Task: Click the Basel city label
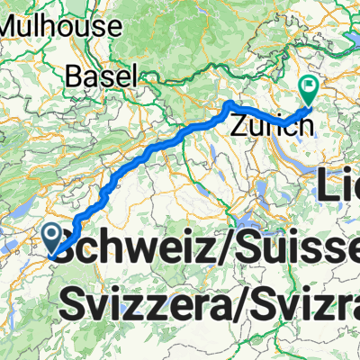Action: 106,75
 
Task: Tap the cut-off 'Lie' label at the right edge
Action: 339,187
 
